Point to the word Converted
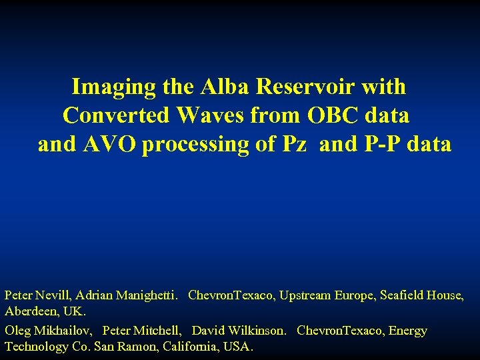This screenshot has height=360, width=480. (x=116, y=116)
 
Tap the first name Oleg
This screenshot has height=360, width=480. (x=17, y=331)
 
